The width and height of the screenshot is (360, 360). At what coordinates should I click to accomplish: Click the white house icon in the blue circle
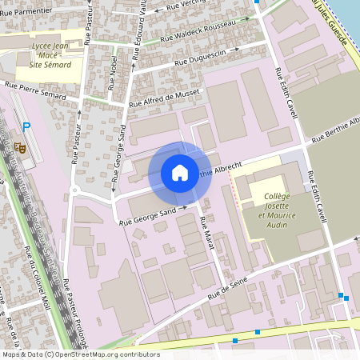pos(180,173)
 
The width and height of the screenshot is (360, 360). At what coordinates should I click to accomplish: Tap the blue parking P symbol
pos(26,126)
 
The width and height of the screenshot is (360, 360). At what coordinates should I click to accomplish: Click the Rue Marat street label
pos(208,234)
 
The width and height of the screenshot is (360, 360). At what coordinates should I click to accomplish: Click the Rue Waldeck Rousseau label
pos(198,35)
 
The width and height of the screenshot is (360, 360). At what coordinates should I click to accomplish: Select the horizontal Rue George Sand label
pos(150,213)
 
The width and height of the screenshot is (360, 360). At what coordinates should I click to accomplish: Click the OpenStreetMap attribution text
pos(70,354)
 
